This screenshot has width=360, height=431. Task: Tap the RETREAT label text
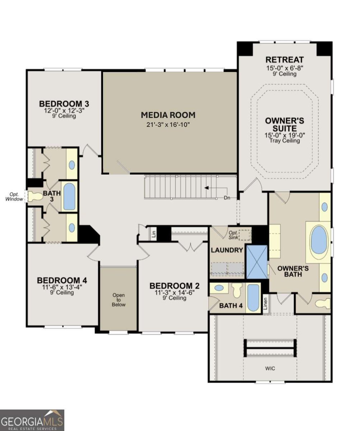coord(284,60)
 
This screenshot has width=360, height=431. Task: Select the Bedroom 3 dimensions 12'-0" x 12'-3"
coord(64,111)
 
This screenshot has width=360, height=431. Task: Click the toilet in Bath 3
coord(35,196)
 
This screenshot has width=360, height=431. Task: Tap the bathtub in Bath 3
coord(69,196)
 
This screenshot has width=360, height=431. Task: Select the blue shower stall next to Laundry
coord(257,262)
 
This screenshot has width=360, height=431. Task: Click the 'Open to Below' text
coord(119,300)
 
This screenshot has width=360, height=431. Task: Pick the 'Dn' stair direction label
coord(227,198)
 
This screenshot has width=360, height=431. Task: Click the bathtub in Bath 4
coord(253,298)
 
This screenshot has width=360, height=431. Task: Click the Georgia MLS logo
coord(32,420)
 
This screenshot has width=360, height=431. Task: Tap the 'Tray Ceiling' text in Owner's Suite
coord(285,140)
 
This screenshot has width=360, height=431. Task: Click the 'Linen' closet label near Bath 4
coord(265,304)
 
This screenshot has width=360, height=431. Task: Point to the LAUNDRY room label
coord(227,250)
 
